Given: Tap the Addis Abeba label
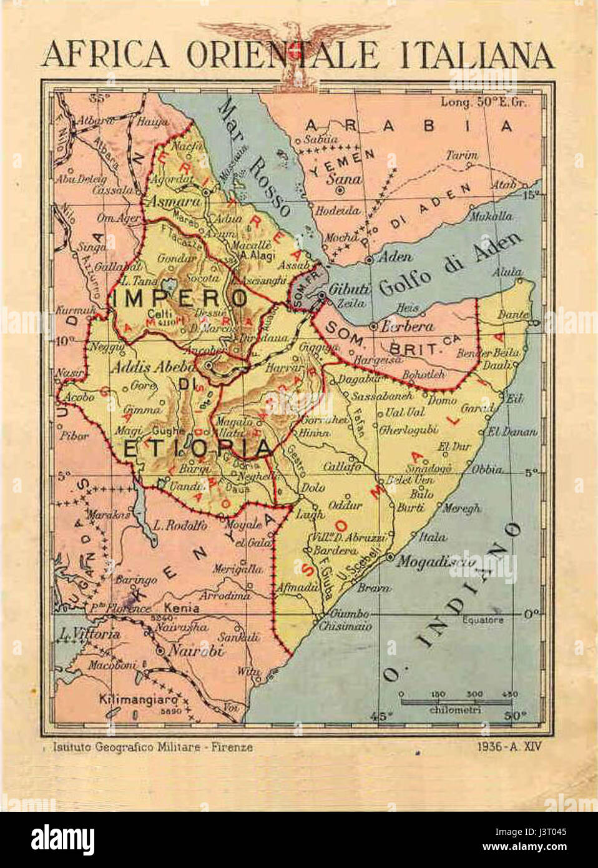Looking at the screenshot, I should click(145, 367).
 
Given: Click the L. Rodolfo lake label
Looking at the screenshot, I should click(180, 525).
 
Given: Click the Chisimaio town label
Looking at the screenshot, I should click(345, 626).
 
